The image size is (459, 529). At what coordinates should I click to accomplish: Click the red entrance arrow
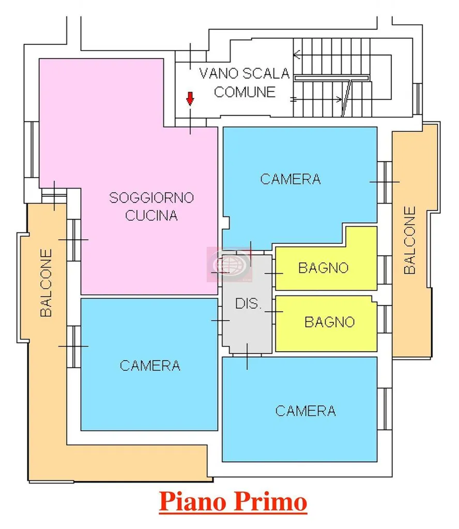pyautogui.click(x=190, y=98)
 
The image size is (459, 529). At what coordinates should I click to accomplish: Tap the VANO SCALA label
pyautogui.click(x=244, y=73)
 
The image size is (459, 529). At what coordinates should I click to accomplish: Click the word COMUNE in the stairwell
pyautogui.click(x=244, y=92)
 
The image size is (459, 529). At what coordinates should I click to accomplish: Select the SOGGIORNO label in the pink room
pyautogui.click(x=151, y=197)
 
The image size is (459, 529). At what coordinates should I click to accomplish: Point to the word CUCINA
pyautogui.click(x=151, y=215)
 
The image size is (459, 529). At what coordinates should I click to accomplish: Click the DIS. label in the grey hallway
pyautogui.click(x=248, y=304)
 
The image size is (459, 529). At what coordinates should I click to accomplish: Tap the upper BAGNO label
pyautogui.click(x=324, y=268)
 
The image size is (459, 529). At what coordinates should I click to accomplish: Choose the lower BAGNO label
pyautogui.click(x=329, y=322)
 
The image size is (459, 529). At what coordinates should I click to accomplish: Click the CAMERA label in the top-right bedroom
pyautogui.click(x=290, y=179)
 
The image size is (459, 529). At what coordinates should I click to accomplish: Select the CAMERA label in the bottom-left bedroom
pyautogui.click(x=150, y=366)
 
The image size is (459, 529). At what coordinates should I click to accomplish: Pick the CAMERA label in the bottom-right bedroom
pyautogui.click(x=305, y=411)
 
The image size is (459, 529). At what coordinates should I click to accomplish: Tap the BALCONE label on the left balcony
pyautogui.click(x=46, y=283)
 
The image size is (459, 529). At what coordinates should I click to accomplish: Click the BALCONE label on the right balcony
pyautogui.click(x=410, y=240)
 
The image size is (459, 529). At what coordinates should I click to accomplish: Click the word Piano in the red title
pyautogui.click(x=193, y=501)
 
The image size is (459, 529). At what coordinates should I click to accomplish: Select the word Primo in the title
pyautogui.click(x=270, y=501)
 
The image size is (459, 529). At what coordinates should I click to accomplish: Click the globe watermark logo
pyautogui.click(x=229, y=264)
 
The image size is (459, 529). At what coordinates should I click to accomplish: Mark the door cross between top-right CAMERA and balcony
pyautogui.click(x=385, y=182)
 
